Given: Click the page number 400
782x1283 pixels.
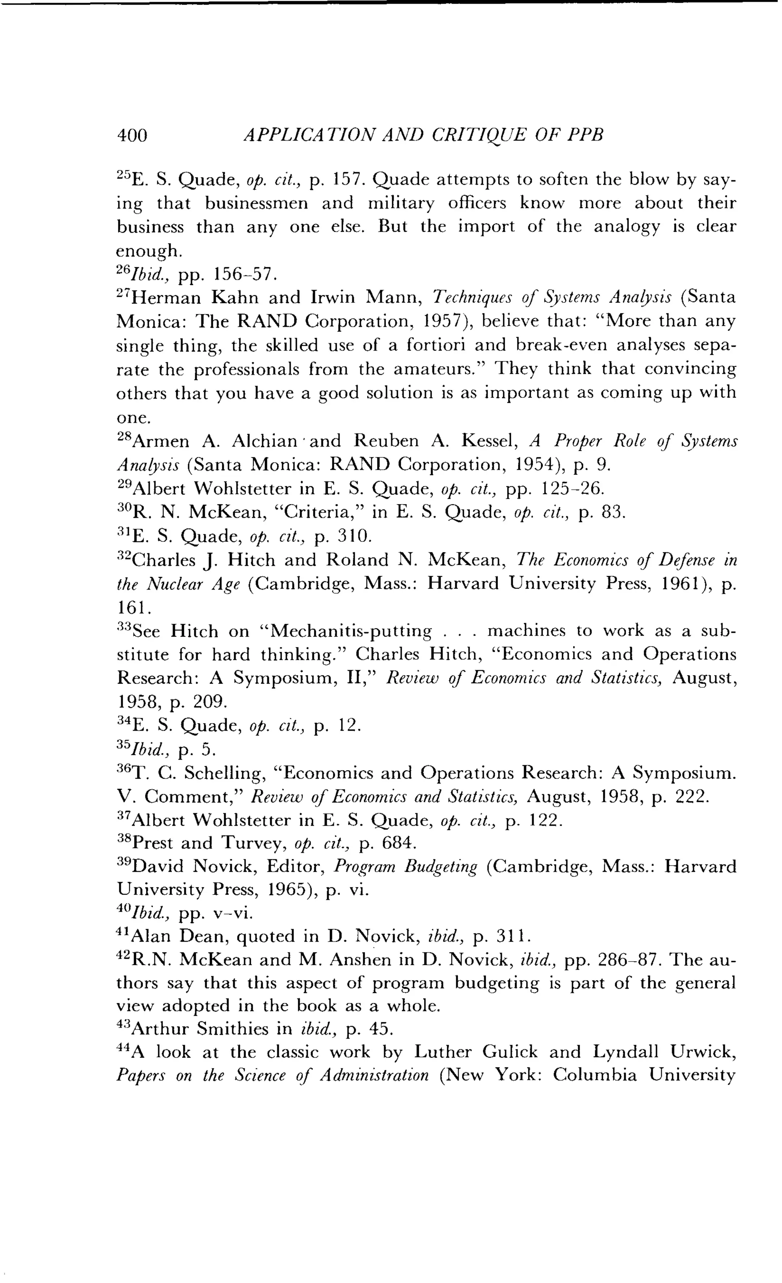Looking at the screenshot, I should [x=133, y=136].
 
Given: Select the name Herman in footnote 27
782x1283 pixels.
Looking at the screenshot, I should [x=166, y=298].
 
